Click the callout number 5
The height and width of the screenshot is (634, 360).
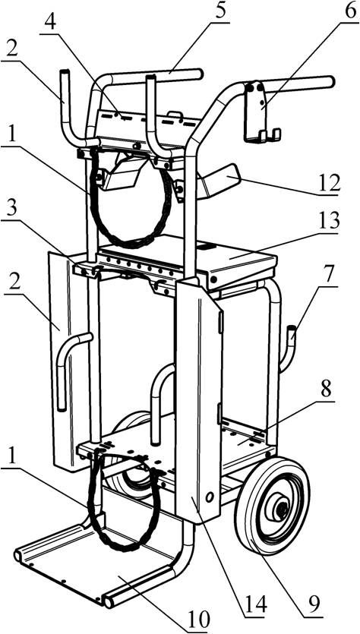pyautogui.click(x=220, y=11)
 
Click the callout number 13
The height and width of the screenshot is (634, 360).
pyautogui.click(x=327, y=222)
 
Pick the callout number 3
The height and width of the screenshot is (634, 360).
pyautogui.click(x=11, y=210)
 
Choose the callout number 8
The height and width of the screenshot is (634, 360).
pyautogui.click(x=326, y=389)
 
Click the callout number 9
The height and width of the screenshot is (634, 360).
pyautogui.click(x=312, y=604)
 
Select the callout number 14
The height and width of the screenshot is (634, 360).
pyautogui.click(x=256, y=605)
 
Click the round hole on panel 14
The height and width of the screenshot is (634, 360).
pyautogui.click(x=209, y=497)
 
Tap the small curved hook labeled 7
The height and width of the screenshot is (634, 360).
pyautogui.click(x=287, y=349)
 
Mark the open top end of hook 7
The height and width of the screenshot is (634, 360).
pyautogui.click(x=292, y=327)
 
